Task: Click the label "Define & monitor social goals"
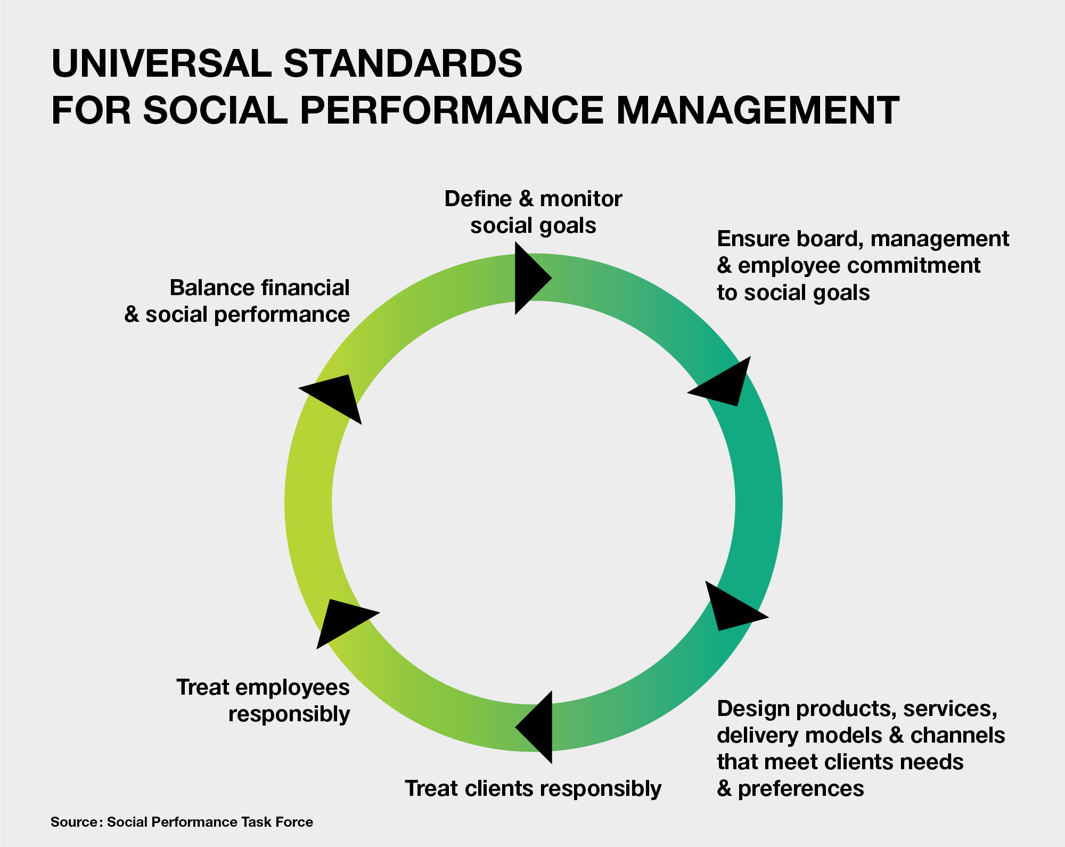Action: (x=533, y=212)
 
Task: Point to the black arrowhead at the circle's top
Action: (x=531, y=278)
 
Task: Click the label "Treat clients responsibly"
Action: (x=533, y=788)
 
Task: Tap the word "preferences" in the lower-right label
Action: (x=801, y=789)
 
